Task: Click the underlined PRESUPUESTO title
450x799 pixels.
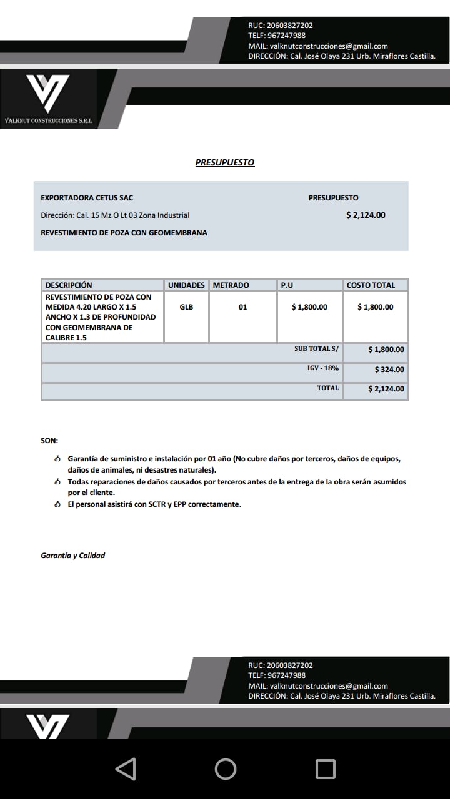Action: pos(225,162)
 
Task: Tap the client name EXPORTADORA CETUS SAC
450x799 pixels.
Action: pos(87,198)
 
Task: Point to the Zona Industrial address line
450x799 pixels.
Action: pos(115,215)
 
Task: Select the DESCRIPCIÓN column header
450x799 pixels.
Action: pos(69,285)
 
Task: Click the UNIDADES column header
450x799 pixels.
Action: pos(186,285)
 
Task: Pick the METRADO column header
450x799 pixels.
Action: pos(231,285)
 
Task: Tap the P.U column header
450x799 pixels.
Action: pos(287,285)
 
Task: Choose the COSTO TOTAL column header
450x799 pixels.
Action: pos(371,285)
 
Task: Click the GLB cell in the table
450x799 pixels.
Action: pos(186,307)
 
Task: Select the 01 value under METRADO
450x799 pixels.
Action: pos(242,307)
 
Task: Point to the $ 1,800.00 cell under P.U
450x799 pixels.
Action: pos(309,307)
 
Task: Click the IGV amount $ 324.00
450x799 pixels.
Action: pos(389,370)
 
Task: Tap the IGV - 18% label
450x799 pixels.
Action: pos(323,368)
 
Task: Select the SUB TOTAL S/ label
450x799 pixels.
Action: pos(316,349)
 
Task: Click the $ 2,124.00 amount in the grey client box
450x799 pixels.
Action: pos(366,215)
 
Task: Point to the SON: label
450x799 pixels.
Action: pos(49,441)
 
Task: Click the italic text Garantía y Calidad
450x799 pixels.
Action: pos(73,555)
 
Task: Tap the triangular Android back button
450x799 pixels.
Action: pos(126,768)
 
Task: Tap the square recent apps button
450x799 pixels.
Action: pos(325,768)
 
